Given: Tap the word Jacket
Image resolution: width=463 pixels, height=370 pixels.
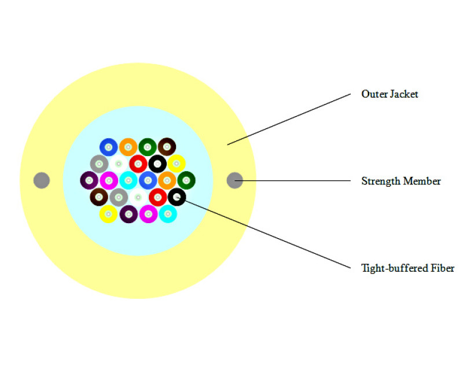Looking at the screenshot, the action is (x=404, y=94).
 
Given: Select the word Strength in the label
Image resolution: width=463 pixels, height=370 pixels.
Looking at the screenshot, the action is (x=381, y=181).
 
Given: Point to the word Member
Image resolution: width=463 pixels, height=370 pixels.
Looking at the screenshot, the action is (x=422, y=181).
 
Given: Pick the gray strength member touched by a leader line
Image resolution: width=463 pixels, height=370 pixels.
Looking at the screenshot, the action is (x=235, y=180).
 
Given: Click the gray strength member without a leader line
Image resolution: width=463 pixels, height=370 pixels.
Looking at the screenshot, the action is (x=42, y=180).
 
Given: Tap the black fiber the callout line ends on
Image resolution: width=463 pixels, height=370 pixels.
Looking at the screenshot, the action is (x=177, y=197).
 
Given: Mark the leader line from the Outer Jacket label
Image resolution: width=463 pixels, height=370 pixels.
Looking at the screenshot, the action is (x=289, y=120).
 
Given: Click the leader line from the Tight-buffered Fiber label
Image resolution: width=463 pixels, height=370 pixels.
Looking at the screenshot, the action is (x=263, y=232).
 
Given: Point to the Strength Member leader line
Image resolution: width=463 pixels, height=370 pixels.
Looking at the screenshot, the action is (x=293, y=180).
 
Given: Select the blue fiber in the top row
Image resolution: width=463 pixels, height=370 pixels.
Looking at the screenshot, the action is (x=108, y=147).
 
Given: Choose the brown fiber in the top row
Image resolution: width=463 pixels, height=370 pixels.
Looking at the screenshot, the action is (x=167, y=147).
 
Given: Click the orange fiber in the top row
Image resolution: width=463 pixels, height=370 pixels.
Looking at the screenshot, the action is (x=128, y=147).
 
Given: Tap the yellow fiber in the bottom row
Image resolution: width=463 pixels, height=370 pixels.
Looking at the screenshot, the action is (x=108, y=214).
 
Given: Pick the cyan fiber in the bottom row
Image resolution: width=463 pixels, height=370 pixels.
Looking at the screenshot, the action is (x=168, y=214).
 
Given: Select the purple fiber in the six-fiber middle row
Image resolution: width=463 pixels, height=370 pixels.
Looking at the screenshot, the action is (x=89, y=180).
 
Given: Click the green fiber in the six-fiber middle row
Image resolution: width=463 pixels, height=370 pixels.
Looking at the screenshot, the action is (x=186, y=180).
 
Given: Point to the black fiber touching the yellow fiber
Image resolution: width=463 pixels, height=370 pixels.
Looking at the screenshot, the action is (x=157, y=164).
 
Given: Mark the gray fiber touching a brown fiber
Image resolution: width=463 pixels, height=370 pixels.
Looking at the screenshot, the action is (x=119, y=197).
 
